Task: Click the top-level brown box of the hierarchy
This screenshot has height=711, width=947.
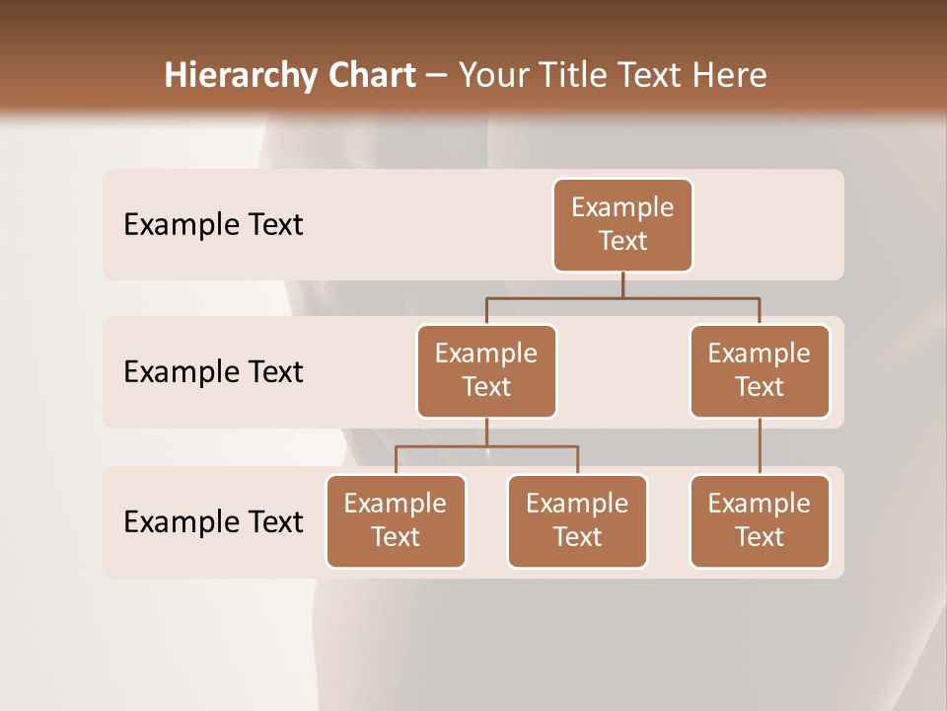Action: coord(622,224)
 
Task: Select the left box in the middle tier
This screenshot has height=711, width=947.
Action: coord(486,370)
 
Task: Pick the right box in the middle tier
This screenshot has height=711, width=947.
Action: coord(760,370)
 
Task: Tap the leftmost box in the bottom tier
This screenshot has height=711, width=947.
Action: coord(396,520)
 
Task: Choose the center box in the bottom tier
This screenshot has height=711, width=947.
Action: coord(577,520)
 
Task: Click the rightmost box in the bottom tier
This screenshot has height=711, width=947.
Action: coord(760,520)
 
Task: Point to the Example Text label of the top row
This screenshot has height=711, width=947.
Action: coord(213,225)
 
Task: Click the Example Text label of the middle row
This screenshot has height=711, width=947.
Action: coord(213,372)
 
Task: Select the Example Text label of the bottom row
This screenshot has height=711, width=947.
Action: coord(213,521)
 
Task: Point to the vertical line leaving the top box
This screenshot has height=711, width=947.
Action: coord(622,284)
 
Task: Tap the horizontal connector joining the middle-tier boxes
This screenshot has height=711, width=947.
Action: coord(622,297)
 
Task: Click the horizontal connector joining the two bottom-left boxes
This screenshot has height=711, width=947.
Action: coord(486,446)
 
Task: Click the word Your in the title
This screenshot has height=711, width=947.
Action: coord(492,76)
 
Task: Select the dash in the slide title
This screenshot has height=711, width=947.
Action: coord(436,77)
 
